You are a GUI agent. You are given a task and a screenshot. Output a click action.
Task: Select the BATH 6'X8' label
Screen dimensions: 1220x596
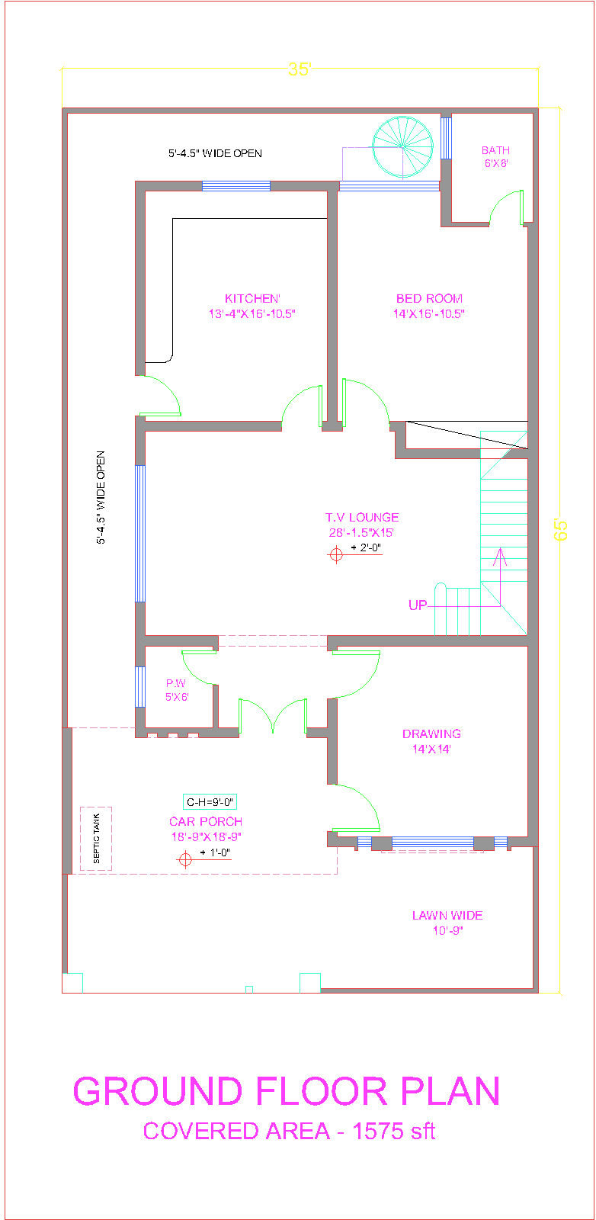[x=495, y=156]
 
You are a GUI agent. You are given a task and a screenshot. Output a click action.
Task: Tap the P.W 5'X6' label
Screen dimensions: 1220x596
[x=177, y=690]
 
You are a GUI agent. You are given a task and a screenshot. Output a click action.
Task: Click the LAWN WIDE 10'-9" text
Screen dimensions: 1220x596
[x=447, y=923]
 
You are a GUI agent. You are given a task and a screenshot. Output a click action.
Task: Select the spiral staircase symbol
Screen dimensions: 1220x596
[x=402, y=146]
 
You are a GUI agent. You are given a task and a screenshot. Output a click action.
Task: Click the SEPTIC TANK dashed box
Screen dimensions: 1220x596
[x=96, y=839]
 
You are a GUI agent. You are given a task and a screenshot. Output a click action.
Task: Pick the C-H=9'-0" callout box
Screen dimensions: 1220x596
[x=210, y=801]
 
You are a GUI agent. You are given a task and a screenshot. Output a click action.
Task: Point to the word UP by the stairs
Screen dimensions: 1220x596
[x=418, y=605]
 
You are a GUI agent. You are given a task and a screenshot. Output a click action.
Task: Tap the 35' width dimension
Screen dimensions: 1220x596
[x=300, y=69]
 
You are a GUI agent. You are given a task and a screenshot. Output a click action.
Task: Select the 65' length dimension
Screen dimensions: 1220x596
[x=561, y=530]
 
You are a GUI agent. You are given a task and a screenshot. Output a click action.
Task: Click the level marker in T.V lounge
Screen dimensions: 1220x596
[x=336, y=555]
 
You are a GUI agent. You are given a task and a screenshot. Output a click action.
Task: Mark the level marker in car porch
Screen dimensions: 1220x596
[x=184, y=860]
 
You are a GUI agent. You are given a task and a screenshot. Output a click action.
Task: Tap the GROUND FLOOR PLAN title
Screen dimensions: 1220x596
[x=287, y=1091]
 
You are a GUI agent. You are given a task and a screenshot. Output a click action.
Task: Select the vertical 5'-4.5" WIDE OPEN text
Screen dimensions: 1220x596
[x=101, y=498]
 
